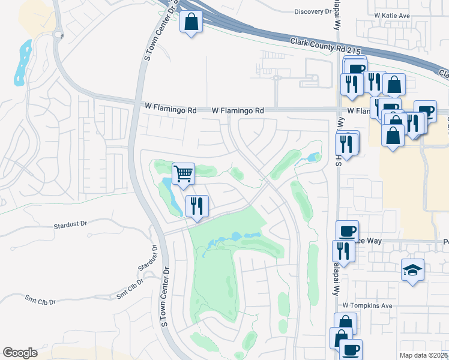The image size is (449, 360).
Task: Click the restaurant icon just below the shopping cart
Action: tap(197, 206)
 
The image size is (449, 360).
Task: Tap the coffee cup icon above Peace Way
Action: tap(346, 231)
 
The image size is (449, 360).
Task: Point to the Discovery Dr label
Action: tap(313, 11)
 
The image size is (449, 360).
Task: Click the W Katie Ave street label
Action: tap(391, 14)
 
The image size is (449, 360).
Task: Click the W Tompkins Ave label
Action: tap(367, 305)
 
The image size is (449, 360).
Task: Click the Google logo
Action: tap(20, 353)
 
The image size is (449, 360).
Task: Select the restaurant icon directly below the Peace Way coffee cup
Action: tap(343, 251)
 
